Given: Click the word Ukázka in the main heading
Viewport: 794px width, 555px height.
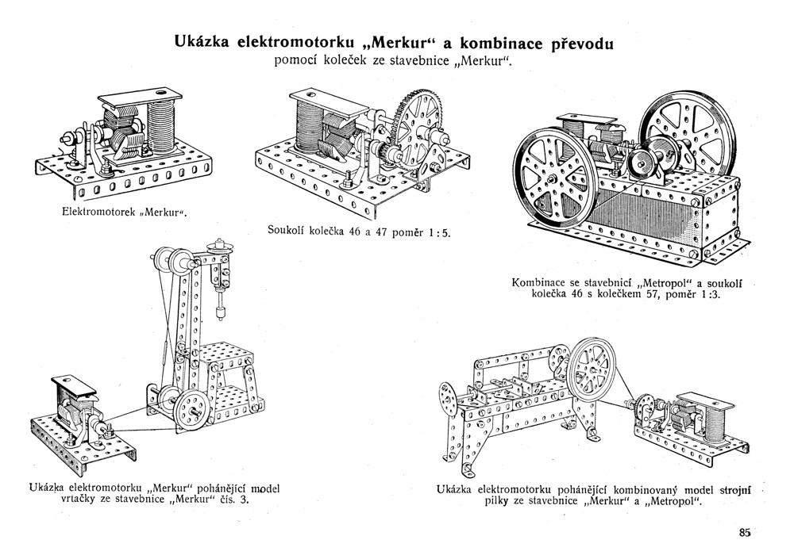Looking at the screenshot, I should click(x=201, y=41).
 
